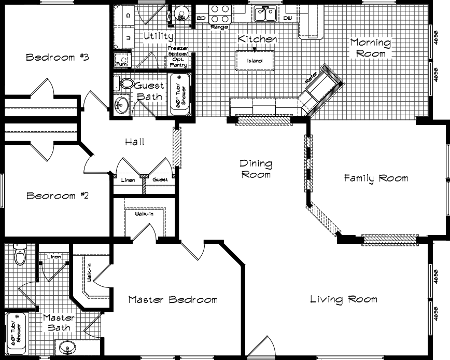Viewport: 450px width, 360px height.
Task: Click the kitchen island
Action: (254, 60)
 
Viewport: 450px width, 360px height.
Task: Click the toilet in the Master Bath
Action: (20, 254)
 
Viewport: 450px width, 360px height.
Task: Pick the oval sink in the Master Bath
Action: (66, 348)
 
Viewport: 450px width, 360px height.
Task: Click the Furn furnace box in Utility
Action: (121, 61)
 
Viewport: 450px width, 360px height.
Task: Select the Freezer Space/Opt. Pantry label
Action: (177, 57)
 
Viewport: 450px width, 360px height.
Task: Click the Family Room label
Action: (376, 178)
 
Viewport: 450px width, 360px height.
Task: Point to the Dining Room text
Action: (255, 169)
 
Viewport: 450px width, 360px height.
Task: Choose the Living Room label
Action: (343, 299)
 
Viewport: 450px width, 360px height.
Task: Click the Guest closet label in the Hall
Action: (160, 180)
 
